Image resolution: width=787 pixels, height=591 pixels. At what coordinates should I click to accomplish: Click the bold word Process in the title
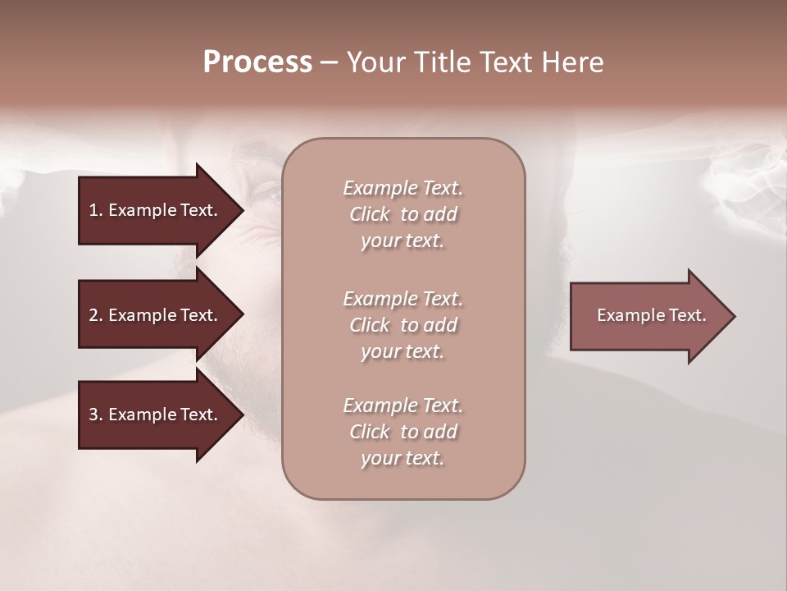pyautogui.click(x=257, y=62)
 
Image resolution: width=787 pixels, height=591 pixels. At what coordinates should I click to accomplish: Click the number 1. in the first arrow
pyautogui.click(x=96, y=210)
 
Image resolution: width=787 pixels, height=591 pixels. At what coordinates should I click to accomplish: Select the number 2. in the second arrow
pyautogui.click(x=96, y=315)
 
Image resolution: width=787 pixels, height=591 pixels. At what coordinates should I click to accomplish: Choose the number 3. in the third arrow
pyautogui.click(x=96, y=415)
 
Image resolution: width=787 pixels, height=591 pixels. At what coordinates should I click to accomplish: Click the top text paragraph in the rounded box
pyautogui.click(x=403, y=214)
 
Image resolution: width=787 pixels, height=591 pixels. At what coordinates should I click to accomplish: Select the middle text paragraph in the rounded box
pyautogui.click(x=403, y=325)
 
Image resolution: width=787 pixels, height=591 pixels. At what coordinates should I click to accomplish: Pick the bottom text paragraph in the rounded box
pyautogui.click(x=403, y=432)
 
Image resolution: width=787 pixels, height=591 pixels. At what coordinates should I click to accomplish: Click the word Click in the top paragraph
pyautogui.click(x=370, y=214)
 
